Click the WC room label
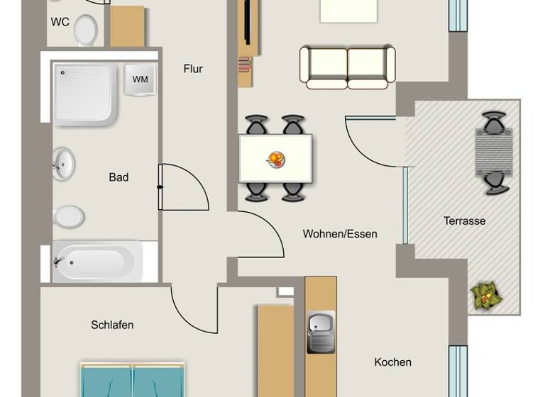click(60, 22)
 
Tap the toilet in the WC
click(86, 30)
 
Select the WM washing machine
click(141, 79)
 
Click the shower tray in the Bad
click(84, 93)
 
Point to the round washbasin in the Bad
click(63, 164)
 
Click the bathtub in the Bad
click(98, 262)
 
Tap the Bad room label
click(119, 177)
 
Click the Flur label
click(193, 69)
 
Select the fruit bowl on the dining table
click(276, 159)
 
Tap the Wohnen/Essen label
click(340, 233)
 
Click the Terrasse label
click(465, 220)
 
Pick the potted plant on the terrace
click(485, 296)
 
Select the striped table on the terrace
click(494, 152)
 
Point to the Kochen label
click(392, 362)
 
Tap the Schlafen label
click(112, 325)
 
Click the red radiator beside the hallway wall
click(245, 66)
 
